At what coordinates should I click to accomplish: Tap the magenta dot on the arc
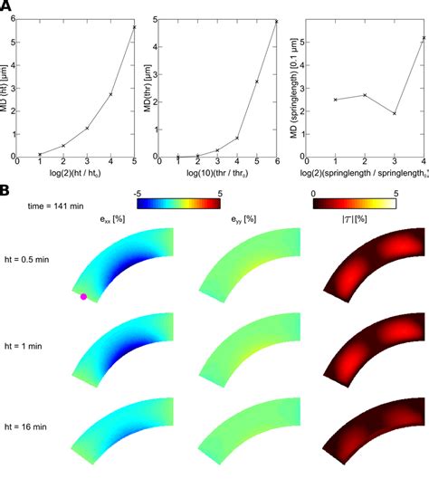tap(83, 296)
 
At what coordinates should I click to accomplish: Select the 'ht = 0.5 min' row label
tap(33, 263)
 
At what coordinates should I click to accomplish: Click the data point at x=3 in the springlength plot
tap(396, 113)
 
